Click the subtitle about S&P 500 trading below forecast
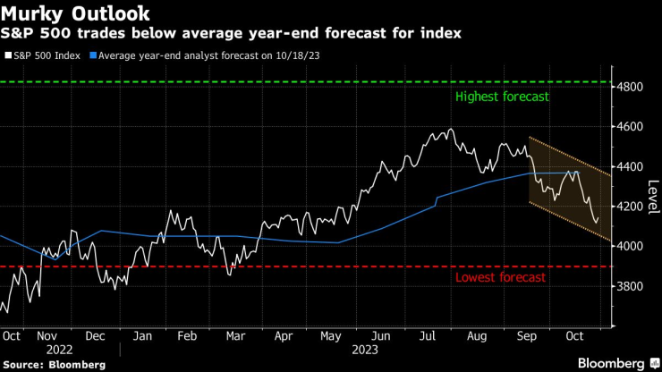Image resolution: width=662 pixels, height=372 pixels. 232,34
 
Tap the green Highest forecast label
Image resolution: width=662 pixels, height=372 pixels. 502,97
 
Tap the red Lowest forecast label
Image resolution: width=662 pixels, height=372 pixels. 500,277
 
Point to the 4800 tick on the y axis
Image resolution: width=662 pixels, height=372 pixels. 632,87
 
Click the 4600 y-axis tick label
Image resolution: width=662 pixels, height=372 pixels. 632,127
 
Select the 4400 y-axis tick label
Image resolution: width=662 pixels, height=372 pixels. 632,167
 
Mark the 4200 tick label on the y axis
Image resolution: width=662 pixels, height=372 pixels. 632,207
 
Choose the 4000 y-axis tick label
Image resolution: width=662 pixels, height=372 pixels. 632,247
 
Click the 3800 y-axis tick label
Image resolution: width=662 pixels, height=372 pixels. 632,286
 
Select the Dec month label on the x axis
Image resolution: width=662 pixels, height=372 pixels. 95,337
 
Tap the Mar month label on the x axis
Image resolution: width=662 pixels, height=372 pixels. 236,337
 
